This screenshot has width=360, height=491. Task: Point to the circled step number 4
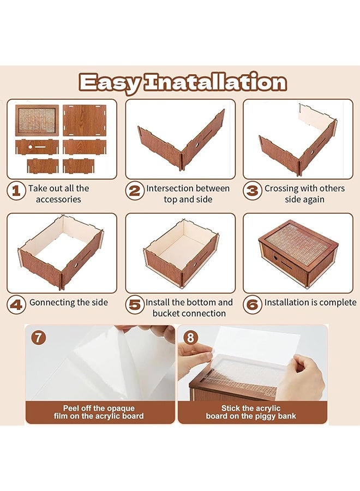pos(16,304)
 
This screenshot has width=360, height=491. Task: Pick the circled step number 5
pos(135,304)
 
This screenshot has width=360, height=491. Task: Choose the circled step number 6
pos(253,304)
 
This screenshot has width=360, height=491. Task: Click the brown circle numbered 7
pos(39,338)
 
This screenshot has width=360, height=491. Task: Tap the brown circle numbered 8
pos(191,338)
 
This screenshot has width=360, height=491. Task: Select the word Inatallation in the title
pos(215,82)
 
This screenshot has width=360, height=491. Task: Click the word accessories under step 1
pos(58,200)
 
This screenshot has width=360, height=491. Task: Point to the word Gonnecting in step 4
pos(52,303)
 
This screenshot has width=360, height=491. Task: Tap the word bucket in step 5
pos(166,313)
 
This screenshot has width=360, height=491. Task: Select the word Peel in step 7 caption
pos(71,408)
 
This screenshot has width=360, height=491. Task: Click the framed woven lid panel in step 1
pos(37,120)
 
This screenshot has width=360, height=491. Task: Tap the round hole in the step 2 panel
pos(197,145)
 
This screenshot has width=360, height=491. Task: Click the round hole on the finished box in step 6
pos(276,258)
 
